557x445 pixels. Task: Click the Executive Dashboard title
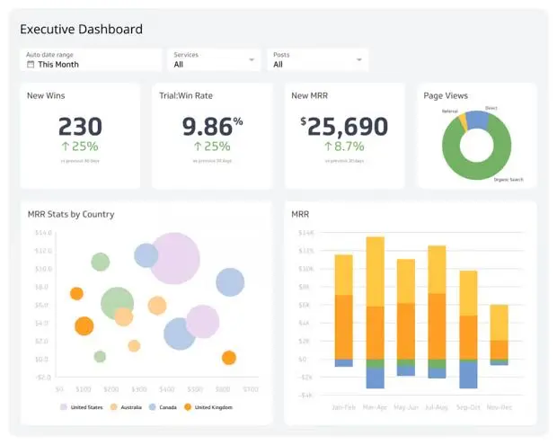[81, 30]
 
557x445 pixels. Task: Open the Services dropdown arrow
[251, 60]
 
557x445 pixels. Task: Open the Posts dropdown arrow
[359, 60]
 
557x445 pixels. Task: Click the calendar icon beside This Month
[31, 65]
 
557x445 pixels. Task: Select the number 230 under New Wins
[80, 126]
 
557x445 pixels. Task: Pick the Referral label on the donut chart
[450, 111]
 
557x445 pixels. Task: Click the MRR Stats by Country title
[71, 214]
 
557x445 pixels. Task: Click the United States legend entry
[86, 407]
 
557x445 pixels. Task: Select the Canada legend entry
[167, 407]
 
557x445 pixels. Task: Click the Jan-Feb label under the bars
[343, 406]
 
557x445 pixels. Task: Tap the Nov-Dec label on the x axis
[499, 406]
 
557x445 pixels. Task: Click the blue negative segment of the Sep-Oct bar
[468, 373]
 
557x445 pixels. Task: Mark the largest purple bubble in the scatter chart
[174, 258]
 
